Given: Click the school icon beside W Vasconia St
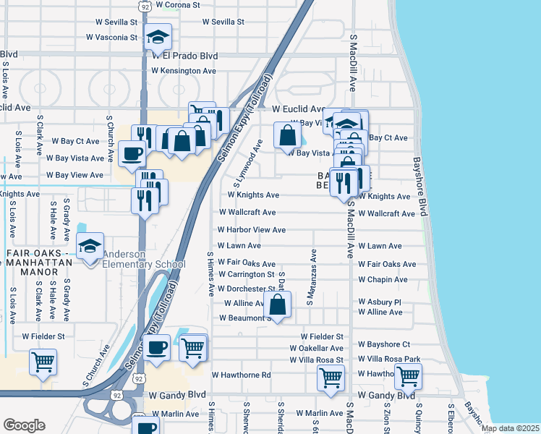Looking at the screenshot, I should (157, 36).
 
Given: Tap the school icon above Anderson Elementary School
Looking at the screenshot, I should (90, 247).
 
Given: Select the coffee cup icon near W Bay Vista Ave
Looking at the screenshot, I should (132, 154).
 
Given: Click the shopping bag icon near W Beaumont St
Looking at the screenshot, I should (277, 306).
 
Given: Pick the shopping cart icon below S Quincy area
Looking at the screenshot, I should (408, 376).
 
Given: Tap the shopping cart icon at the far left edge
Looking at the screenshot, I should (43, 362).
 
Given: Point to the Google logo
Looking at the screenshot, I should (24, 425).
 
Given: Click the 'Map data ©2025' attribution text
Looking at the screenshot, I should (510, 428).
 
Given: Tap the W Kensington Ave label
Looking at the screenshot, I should (184, 71).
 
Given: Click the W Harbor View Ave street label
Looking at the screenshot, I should (252, 230).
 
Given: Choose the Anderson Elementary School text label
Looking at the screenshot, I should (144, 259).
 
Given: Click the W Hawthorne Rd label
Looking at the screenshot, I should (241, 375).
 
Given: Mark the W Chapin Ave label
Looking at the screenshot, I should (383, 280).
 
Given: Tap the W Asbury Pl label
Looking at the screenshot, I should (379, 302).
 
